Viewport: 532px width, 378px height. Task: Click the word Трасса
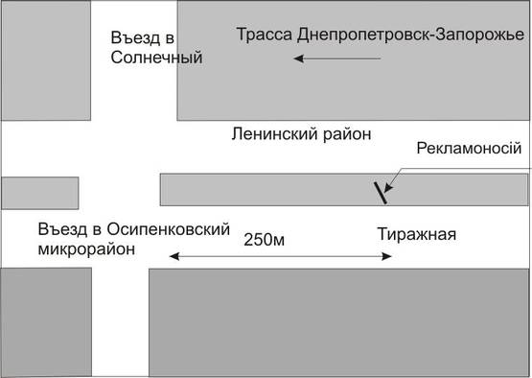point(264,35)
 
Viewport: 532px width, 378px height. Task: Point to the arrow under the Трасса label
point(336,59)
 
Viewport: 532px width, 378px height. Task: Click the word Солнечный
point(156,57)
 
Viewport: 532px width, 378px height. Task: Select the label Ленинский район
point(300,132)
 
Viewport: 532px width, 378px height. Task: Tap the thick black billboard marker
point(381,191)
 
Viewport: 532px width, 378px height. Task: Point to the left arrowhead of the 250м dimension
point(174,256)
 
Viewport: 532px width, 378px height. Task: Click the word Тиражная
point(414,233)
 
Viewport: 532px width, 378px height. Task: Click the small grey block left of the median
point(39,192)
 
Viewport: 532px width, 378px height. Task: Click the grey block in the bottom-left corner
point(45,322)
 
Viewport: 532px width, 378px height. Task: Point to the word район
point(344,132)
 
